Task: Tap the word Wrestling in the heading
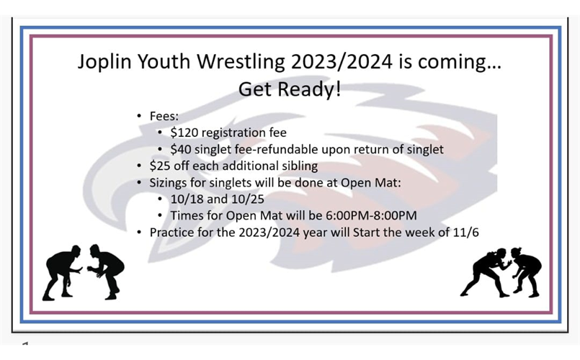[238, 63]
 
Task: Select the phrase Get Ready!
[290, 91]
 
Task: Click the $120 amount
[184, 132]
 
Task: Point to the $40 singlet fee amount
[181, 149]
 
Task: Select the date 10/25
[238, 199]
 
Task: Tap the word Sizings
[170, 183]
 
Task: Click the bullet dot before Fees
[139, 116]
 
